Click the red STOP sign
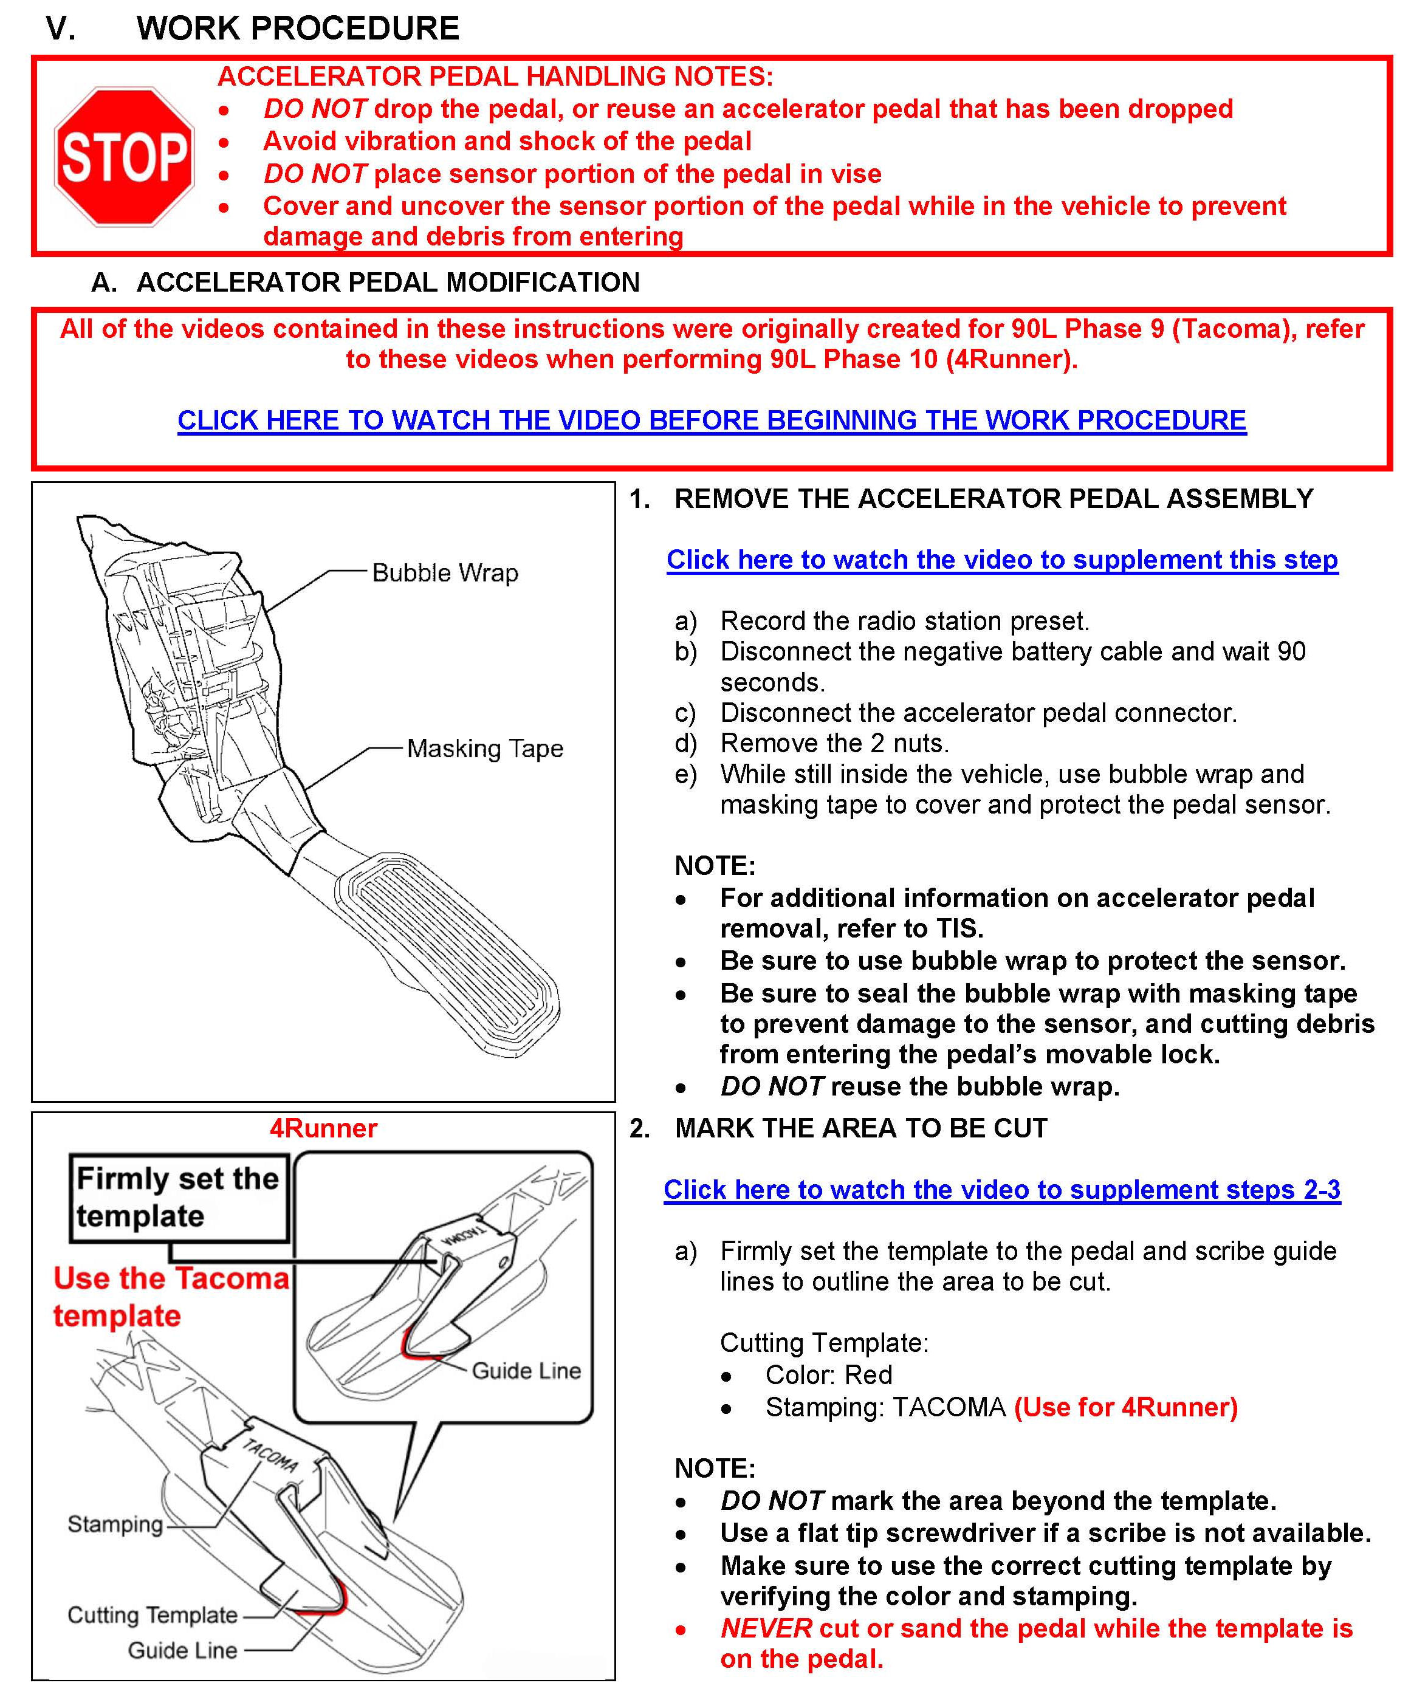(124, 157)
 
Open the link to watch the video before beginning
(712, 420)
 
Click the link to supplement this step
(1002, 560)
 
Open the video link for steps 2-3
(1002, 1190)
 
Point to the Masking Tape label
(485, 749)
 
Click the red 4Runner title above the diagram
(323, 1128)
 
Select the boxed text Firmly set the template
(178, 1197)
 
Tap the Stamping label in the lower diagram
(115, 1524)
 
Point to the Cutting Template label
(153, 1615)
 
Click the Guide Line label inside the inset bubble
(526, 1371)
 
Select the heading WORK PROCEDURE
(298, 28)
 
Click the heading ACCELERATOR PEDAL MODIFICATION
(388, 283)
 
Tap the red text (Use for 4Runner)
(1126, 1408)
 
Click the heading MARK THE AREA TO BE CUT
(860, 1128)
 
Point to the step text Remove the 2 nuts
(834, 743)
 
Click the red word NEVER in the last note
(766, 1628)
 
